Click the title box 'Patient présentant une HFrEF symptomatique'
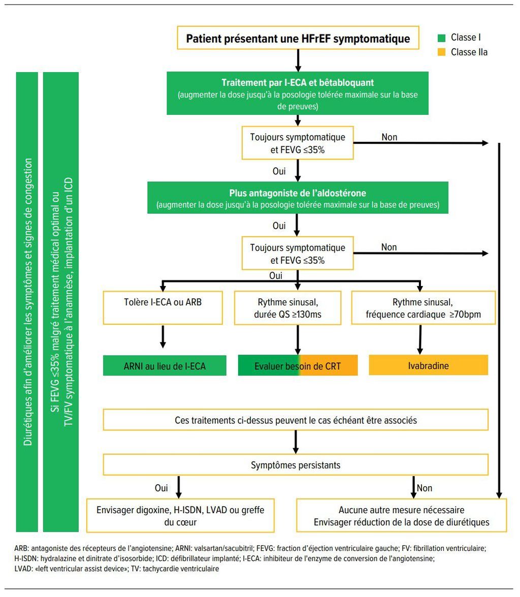(x=298, y=38)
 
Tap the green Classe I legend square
(x=442, y=38)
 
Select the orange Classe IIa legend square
(x=442, y=52)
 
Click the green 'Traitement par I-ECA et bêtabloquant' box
(x=297, y=93)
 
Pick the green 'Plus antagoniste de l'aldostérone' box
(x=298, y=198)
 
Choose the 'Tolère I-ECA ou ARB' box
(x=163, y=307)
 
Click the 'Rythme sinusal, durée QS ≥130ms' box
(x=288, y=308)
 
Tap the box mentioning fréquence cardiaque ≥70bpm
(x=424, y=307)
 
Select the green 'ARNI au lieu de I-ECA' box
(x=165, y=365)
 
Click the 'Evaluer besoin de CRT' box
(x=298, y=365)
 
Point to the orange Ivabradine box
(x=428, y=365)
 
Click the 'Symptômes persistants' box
(x=296, y=464)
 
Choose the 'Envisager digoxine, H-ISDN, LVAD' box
(x=180, y=516)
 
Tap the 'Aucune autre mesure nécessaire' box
(x=402, y=516)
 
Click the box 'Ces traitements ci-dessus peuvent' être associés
(x=296, y=420)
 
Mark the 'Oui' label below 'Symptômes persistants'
(x=161, y=488)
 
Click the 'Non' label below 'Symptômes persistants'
(x=425, y=488)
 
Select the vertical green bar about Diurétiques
(x=27, y=302)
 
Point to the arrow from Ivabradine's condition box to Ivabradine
(x=420, y=339)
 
